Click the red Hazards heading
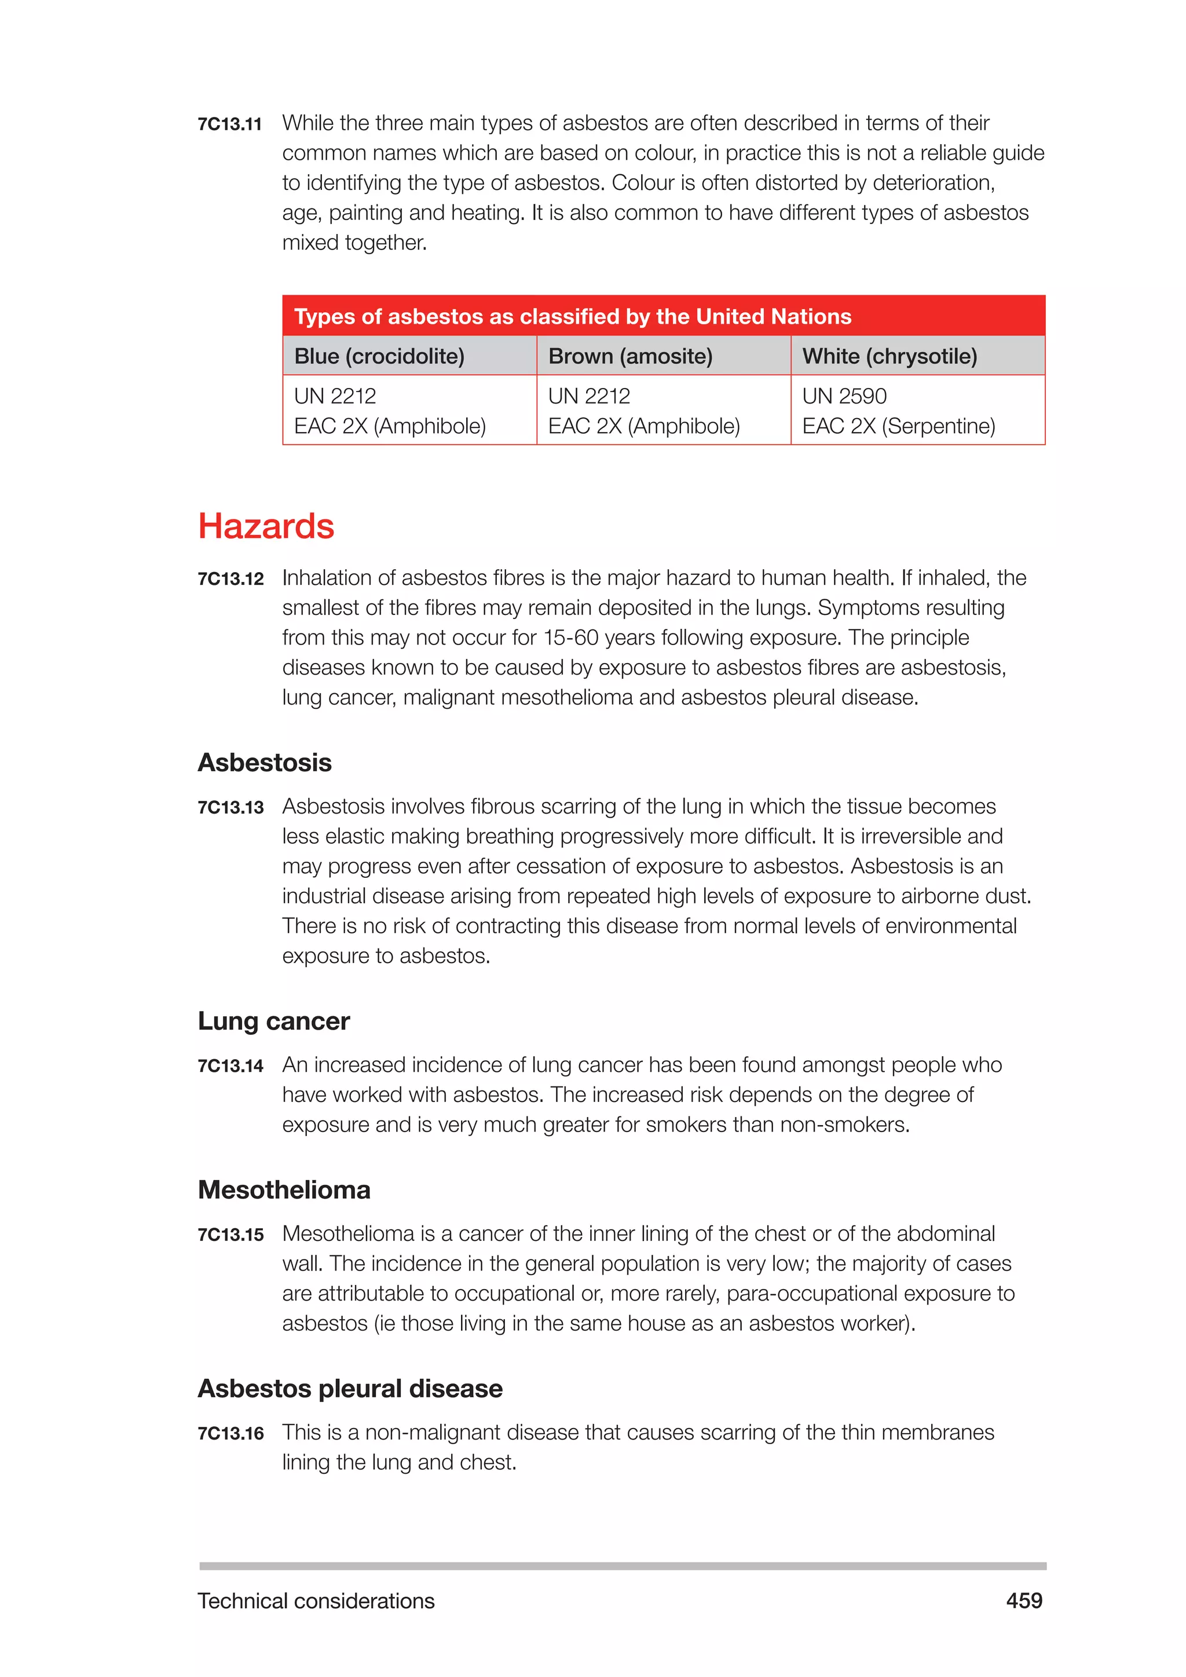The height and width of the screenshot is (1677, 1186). pos(266,526)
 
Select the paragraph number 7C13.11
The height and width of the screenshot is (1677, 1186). pos(229,124)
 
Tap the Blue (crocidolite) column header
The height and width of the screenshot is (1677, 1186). pos(379,357)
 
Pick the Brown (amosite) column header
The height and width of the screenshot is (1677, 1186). pos(629,357)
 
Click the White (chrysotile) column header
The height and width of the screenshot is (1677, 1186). pos(889,357)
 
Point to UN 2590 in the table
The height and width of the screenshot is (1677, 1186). pos(844,396)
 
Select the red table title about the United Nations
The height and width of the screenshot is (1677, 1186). pos(573,316)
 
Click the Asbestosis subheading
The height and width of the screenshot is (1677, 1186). pos(265,763)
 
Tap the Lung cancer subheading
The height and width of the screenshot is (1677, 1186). pos(274,1021)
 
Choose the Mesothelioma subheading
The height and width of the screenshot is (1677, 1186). pos(284,1190)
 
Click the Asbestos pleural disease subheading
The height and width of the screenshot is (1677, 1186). pos(350,1389)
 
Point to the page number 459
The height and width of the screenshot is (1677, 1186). pos(1024,1601)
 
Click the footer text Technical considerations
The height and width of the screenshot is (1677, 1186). pos(316,1601)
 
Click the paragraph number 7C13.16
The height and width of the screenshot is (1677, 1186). pos(230,1433)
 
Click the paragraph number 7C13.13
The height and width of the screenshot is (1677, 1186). pos(230,807)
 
